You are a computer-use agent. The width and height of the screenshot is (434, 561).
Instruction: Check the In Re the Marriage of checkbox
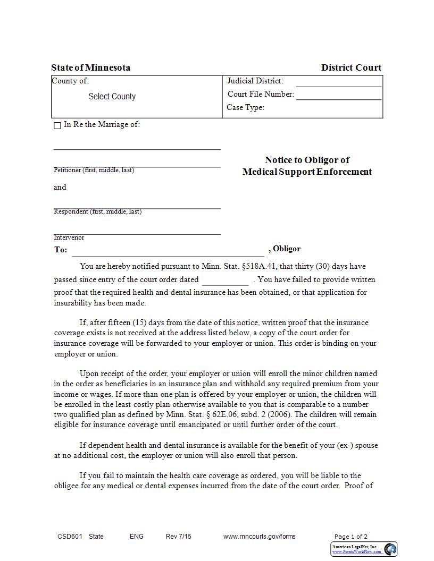pos(57,126)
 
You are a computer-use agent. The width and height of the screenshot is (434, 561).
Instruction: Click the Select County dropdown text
pos(112,97)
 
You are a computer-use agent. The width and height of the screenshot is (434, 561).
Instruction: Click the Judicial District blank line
pos(338,82)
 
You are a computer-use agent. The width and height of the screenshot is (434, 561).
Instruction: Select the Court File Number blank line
pos(338,96)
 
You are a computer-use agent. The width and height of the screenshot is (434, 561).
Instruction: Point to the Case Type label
pos(245,107)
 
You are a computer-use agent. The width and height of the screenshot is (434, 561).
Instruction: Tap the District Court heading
pos(351,67)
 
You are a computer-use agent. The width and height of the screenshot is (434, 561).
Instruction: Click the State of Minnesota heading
pos(90,67)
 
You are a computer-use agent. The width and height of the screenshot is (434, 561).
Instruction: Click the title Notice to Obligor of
pos(307,160)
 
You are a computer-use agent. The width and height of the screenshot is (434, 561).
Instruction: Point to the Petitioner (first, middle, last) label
pos(94,170)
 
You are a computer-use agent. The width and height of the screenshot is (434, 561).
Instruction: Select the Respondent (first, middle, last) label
pos(97,211)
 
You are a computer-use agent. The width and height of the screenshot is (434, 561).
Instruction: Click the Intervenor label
pos(69,237)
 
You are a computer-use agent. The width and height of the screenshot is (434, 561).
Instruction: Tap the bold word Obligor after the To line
pos(287,249)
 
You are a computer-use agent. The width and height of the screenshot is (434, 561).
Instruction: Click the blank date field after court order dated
pos(225,280)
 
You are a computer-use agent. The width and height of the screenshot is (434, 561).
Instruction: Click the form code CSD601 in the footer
pos(70,537)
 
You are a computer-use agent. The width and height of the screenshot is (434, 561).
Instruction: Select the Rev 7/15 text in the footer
pos(178,537)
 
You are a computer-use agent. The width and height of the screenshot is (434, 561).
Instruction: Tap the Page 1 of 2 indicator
pos(350,537)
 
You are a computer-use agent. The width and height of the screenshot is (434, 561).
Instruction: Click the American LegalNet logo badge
pos(364,549)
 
